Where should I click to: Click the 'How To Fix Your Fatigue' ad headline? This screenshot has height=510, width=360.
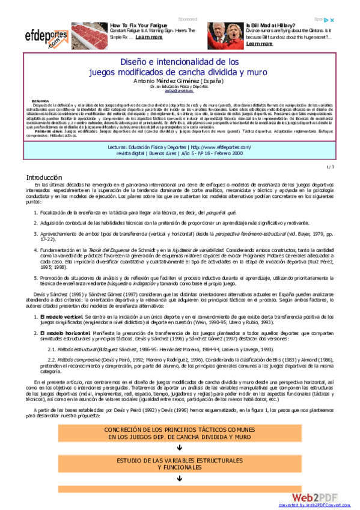pos(139,25)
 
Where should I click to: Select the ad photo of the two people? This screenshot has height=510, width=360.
pos(225,35)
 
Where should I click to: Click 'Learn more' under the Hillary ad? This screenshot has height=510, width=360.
pos(259,43)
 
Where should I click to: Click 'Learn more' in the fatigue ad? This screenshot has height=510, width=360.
pos(149,37)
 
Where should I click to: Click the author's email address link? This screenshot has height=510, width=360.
pos(180,91)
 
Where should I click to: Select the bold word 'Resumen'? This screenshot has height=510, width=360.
pos(41,101)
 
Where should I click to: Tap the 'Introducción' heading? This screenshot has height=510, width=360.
pos(44,177)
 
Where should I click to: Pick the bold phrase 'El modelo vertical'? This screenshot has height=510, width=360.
pos(61,316)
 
